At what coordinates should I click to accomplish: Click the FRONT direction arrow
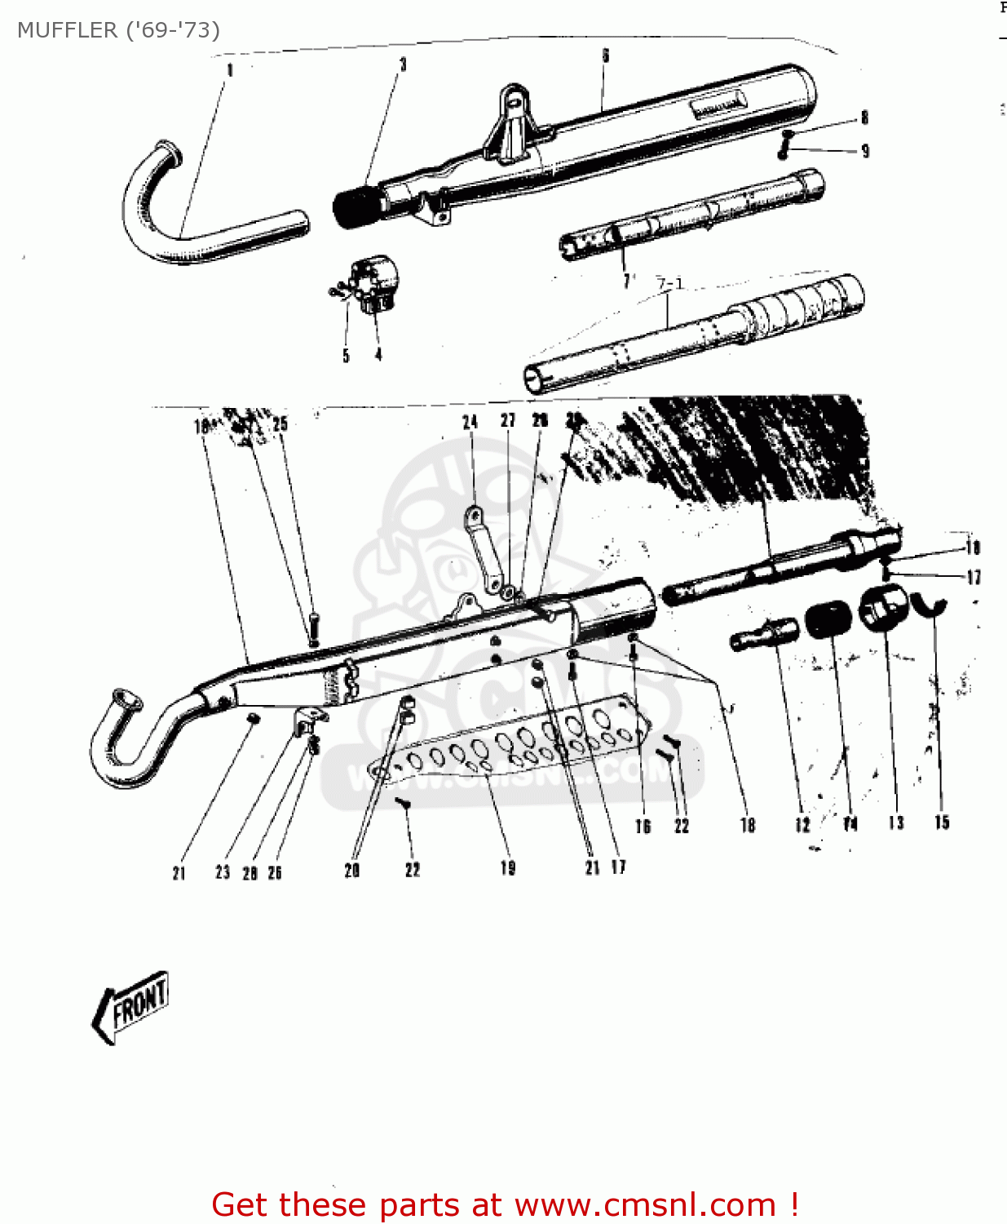click(130, 1006)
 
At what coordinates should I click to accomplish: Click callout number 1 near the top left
click(230, 70)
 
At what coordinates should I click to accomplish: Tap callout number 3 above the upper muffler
click(403, 64)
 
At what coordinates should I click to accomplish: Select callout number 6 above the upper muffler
click(606, 55)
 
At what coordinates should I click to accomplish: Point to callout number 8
click(865, 118)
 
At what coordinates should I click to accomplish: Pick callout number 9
click(865, 151)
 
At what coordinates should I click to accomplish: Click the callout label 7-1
click(670, 284)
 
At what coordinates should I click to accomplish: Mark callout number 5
click(346, 356)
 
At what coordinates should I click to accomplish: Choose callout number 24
click(470, 422)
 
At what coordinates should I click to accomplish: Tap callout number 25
click(280, 424)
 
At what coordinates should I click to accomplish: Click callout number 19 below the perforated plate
click(508, 868)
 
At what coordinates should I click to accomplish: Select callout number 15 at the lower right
click(942, 823)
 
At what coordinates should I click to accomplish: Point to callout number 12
click(802, 825)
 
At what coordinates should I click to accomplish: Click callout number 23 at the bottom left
click(223, 872)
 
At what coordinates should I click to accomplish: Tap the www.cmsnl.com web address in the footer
click(645, 1205)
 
